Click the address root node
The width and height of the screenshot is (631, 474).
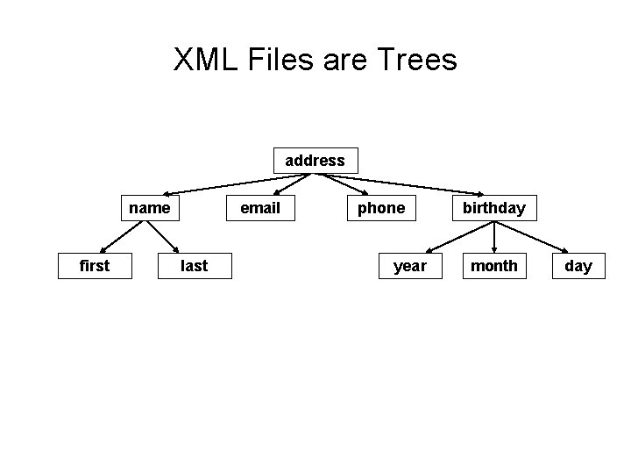click(315, 161)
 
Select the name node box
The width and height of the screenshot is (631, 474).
click(150, 208)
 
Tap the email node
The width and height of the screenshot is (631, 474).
click(260, 208)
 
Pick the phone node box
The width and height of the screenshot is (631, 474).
click(381, 208)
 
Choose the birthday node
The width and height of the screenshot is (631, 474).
click(494, 208)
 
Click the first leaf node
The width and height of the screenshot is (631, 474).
click(95, 265)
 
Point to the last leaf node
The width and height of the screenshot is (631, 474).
click(195, 265)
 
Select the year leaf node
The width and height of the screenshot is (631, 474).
click(410, 265)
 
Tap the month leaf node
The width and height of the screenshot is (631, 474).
click(494, 265)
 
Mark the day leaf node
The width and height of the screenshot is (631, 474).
click(578, 265)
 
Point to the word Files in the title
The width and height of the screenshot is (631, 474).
click(282, 60)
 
